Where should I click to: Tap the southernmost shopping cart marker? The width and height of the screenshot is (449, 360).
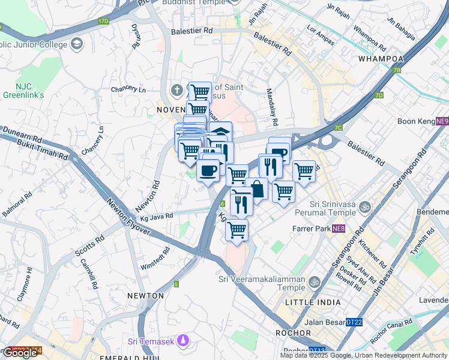point(237,229)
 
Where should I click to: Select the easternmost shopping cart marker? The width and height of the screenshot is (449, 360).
point(304,171)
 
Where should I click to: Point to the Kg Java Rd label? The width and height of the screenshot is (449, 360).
point(157,215)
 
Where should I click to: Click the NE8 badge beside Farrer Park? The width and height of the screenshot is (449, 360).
point(339,229)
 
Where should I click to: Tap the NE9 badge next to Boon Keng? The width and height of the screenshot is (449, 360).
point(442,121)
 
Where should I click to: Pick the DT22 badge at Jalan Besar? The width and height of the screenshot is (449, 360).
point(354,322)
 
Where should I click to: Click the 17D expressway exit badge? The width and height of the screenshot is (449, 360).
point(104,21)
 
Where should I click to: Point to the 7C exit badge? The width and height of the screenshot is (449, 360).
point(339,127)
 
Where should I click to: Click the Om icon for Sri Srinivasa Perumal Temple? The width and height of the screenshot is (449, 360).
point(363,207)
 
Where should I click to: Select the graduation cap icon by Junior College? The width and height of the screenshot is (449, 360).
point(77,43)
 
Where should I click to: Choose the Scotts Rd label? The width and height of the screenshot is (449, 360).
point(89,246)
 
